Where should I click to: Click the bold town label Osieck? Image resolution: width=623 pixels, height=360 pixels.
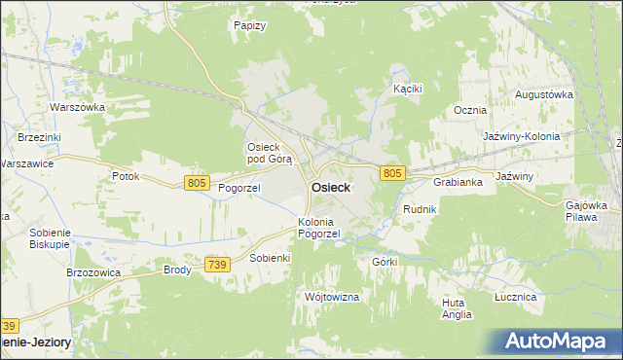pyautogui.click(x=331, y=188)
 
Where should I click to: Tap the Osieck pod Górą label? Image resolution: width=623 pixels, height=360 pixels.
pyautogui.click(x=263, y=153)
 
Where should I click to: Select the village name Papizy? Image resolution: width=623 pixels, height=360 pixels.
pyautogui.click(x=250, y=25)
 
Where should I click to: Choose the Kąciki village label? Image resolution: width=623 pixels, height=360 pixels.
pyautogui.click(x=407, y=89)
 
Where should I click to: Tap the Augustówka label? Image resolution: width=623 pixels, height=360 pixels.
pyautogui.click(x=543, y=94)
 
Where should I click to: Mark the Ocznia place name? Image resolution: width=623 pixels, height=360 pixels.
pyautogui.click(x=470, y=111)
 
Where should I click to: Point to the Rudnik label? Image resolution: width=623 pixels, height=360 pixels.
pyautogui.click(x=420, y=209)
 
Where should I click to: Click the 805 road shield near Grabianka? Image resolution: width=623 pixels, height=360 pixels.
pyautogui.click(x=391, y=172)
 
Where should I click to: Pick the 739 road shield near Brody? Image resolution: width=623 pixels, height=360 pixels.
pyautogui.click(x=217, y=265)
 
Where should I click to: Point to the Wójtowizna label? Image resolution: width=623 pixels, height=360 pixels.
pyautogui.click(x=332, y=295)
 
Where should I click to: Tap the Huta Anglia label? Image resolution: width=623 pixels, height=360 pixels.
pyautogui.click(x=456, y=308)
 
